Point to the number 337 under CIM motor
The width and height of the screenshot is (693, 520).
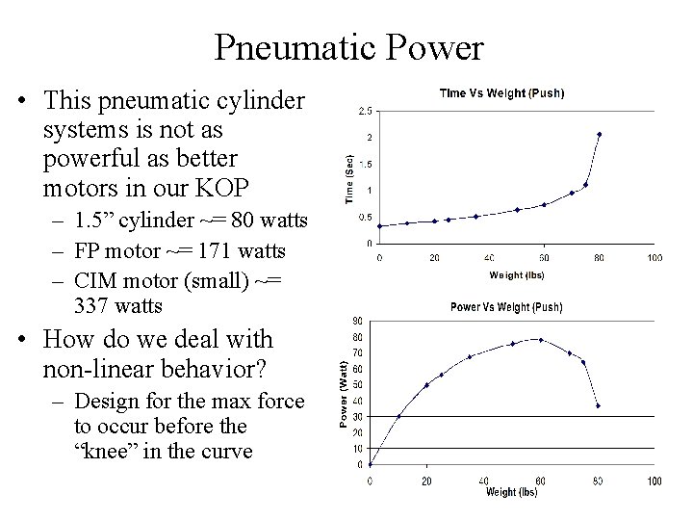click(x=94, y=306)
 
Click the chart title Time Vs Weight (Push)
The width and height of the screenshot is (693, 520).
click(x=501, y=93)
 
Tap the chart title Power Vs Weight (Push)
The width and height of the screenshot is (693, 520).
click(x=507, y=307)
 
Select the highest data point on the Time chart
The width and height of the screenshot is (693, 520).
click(x=599, y=135)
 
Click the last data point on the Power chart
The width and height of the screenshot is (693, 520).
click(x=599, y=405)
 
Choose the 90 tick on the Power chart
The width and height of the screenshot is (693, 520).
click(x=358, y=321)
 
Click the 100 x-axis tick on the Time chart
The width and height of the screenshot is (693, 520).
click(x=654, y=257)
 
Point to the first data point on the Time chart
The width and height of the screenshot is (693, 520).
click(x=379, y=226)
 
